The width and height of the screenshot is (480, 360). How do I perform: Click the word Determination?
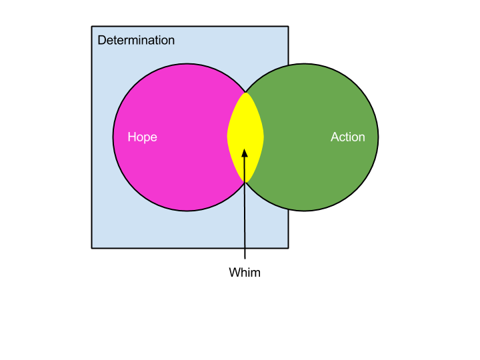(136, 40)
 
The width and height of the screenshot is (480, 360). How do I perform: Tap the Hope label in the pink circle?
(142, 137)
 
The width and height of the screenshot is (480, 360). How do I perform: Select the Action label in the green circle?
(348, 137)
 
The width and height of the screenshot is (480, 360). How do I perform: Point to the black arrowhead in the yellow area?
(245, 153)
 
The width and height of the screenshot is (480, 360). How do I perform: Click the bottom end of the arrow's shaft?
(245, 247)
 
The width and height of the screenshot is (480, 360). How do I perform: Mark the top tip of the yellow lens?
(245, 92)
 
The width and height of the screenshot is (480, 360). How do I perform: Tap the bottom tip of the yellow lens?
(245, 183)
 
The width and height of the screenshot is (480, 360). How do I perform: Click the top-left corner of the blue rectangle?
(93, 27)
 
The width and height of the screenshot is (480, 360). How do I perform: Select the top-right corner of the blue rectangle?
(287, 27)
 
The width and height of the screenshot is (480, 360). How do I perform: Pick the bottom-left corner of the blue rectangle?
(93, 247)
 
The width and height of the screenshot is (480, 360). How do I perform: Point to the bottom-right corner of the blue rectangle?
(287, 247)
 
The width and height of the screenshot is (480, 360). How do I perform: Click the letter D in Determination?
(101, 40)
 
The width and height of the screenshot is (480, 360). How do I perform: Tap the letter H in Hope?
(131, 137)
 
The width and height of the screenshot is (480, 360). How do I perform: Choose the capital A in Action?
(335, 137)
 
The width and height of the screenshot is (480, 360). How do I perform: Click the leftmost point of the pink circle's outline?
(113, 137)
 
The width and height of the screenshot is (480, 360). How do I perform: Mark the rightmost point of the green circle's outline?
(377, 137)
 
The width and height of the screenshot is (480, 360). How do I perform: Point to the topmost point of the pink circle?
(187, 64)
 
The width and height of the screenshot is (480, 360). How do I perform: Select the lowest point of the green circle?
(304, 211)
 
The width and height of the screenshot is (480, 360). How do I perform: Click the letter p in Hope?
(147, 138)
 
